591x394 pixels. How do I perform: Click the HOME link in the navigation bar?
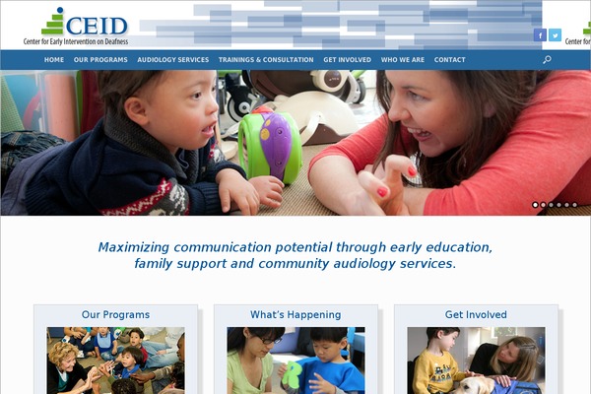coord(54,59)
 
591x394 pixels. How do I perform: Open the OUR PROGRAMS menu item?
coord(100,59)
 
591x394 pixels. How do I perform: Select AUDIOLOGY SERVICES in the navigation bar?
coord(173,59)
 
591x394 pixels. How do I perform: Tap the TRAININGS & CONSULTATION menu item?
coord(266,59)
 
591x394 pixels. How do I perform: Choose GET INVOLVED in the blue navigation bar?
coord(347,59)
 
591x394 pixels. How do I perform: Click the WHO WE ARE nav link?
coord(403,59)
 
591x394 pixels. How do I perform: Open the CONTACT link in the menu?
coord(450,59)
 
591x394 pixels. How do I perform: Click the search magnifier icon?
coord(547,59)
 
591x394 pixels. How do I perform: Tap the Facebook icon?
coord(540,35)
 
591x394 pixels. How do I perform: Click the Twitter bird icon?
coord(555,35)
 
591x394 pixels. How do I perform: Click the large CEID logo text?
coord(97,26)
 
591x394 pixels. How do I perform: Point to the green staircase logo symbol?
coord(53,22)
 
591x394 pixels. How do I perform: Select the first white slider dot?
coord(535,205)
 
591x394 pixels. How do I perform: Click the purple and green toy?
coord(270,145)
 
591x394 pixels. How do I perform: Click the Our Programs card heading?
coord(115,314)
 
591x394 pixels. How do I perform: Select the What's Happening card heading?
coord(295,314)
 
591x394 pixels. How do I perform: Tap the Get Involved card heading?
coord(476,314)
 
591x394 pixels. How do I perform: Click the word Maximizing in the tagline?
coord(133,247)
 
